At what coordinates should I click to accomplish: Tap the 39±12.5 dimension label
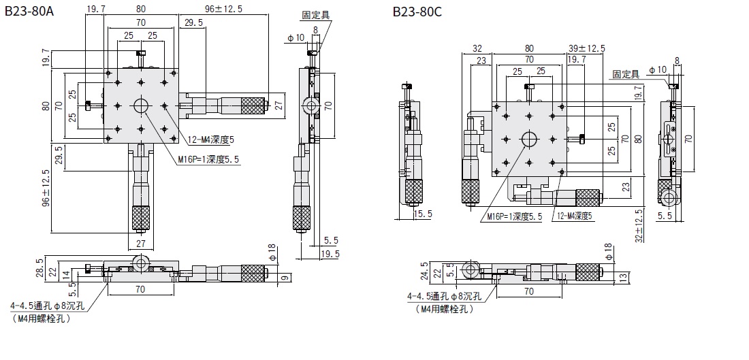(587, 48)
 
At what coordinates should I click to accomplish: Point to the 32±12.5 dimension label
(638, 225)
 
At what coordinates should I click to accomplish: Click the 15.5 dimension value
(423, 214)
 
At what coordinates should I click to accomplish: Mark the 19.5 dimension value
(332, 254)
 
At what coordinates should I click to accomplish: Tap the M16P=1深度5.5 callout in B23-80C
(515, 216)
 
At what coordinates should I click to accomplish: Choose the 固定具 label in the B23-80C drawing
(626, 73)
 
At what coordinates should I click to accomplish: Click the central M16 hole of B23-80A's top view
(141, 105)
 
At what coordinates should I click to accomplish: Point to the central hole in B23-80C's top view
(530, 138)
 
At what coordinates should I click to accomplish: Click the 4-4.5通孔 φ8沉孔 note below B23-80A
(47, 306)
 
